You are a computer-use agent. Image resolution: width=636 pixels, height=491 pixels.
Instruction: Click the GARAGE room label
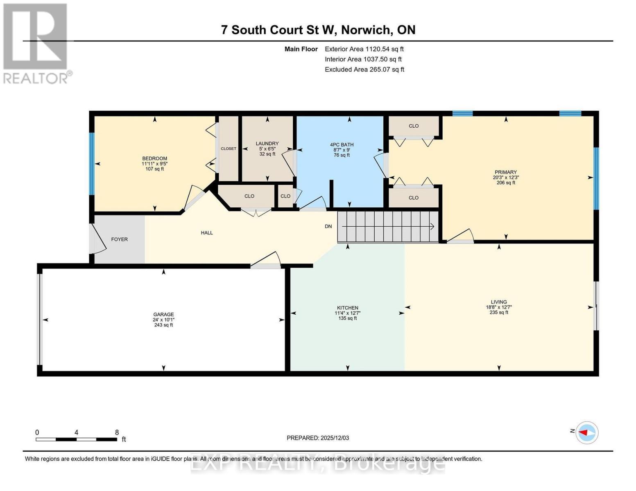pyautogui.click(x=163, y=314)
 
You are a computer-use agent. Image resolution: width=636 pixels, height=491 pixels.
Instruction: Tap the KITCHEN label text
pyautogui.click(x=347, y=308)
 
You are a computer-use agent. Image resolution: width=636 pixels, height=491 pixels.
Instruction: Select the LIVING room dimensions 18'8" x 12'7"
pyautogui.click(x=498, y=307)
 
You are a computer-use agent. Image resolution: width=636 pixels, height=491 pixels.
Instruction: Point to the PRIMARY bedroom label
pyautogui.click(x=505, y=172)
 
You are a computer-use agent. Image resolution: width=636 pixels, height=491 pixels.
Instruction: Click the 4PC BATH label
pyautogui.click(x=342, y=144)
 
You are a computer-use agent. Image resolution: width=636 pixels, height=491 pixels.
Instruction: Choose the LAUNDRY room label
pyautogui.click(x=267, y=143)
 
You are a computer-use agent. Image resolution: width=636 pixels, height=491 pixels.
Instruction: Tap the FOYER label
pyautogui.click(x=120, y=239)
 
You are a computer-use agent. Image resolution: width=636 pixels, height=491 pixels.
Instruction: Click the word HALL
pyautogui.click(x=207, y=233)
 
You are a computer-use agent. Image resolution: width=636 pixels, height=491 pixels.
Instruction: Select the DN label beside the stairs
pyautogui.click(x=328, y=226)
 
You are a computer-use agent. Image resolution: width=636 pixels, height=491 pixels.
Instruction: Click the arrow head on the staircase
pyautogui.click(x=432, y=226)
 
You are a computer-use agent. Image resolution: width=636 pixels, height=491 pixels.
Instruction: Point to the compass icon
pyautogui.click(x=587, y=432)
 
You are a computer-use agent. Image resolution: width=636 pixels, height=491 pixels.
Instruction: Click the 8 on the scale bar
pyautogui.click(x=117, y=432)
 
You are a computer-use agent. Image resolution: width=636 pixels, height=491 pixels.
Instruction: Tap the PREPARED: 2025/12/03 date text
pyautogui.click(x=318, y=438)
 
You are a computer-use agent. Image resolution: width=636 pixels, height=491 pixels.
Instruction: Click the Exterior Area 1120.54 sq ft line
pyautogui.click(x=364, y=49)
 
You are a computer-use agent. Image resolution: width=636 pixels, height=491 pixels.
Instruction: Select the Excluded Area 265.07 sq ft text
pyautogui.click(x=364, y=70)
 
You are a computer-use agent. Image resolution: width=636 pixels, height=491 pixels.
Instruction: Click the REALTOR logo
pyautogui.click(x=36, y=43)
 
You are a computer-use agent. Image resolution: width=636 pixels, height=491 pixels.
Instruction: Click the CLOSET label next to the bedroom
pyautogui.click(x=228, y=149)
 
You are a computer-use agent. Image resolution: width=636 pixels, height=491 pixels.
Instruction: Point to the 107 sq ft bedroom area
pyautogui.click(x=154, y=169)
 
